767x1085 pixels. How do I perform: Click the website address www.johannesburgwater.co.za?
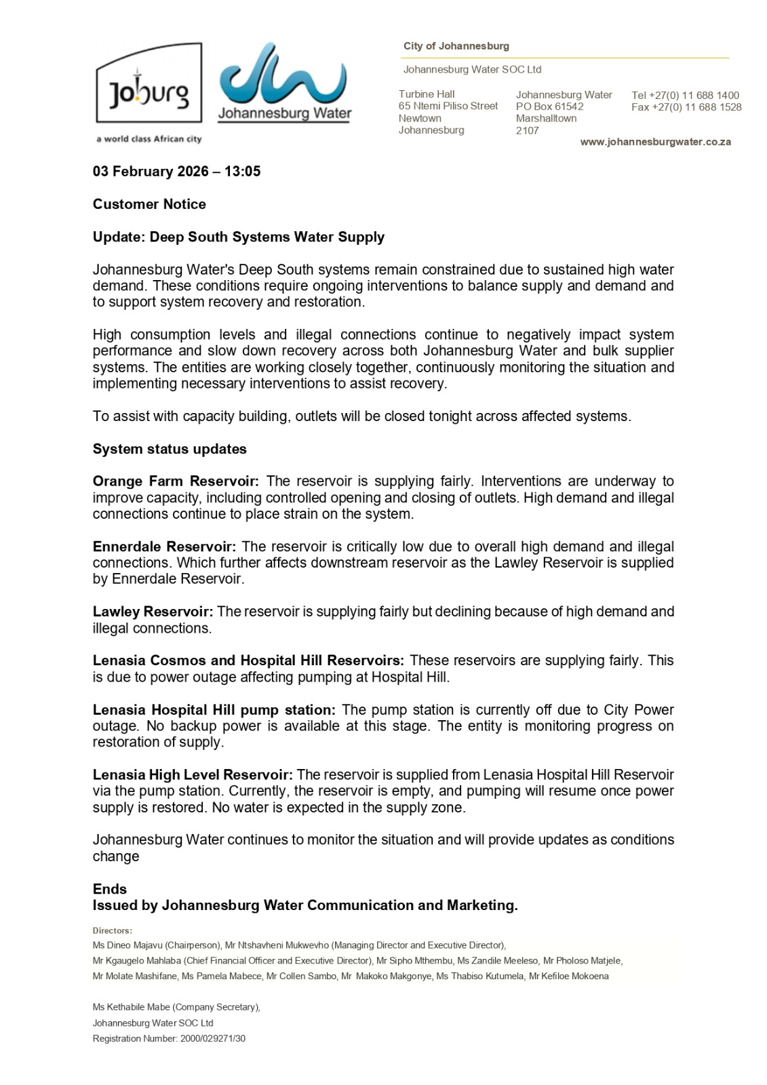655,142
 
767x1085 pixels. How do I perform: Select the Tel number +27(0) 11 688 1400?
685,96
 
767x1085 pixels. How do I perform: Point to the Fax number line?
686,107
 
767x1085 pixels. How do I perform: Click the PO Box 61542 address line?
549,106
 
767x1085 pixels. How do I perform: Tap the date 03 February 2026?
151,172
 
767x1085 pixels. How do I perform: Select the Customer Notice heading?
149,204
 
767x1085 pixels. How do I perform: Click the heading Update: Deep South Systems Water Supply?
239,237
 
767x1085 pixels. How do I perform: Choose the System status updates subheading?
170,449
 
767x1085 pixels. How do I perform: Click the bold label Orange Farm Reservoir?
176,481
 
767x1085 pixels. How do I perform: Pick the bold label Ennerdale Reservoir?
164,547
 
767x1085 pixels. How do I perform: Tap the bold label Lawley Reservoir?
153,612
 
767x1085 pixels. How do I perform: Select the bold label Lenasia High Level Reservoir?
193,774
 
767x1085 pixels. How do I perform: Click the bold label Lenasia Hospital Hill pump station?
214,710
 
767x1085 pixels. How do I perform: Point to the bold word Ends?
110,889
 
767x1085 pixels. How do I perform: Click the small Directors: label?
113,931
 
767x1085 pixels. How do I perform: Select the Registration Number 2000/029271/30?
169,1038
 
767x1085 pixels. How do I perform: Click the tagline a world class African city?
149,139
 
